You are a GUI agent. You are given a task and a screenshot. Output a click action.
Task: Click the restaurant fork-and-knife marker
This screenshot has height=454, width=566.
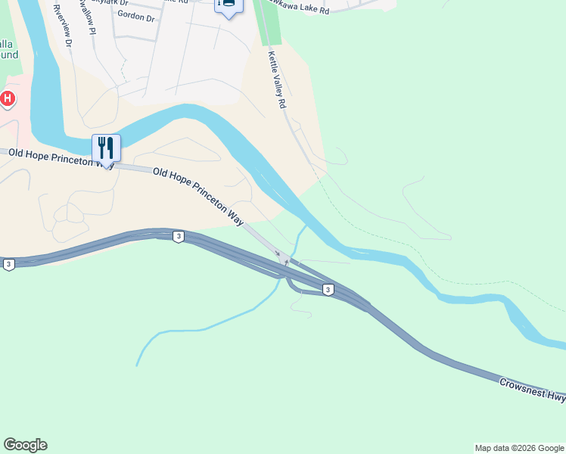(106, 148)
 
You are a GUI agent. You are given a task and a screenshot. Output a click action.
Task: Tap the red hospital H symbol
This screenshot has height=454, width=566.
(8, 98)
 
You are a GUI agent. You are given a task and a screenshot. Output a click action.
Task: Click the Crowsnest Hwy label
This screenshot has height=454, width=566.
(532, 391)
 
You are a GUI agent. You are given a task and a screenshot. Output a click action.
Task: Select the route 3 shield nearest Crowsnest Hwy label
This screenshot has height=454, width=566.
(328, 289)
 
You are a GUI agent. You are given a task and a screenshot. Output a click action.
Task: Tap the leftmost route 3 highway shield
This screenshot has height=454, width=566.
(8, 264)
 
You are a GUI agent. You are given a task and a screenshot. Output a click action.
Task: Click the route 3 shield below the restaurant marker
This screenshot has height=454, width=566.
(178, 237)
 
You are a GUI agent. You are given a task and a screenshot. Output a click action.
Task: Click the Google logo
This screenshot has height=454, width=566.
(25, 445)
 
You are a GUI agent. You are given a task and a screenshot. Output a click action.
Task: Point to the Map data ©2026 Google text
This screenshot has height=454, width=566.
(519, 448)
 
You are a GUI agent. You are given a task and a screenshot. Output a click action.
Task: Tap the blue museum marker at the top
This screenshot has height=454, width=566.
(228, 5)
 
